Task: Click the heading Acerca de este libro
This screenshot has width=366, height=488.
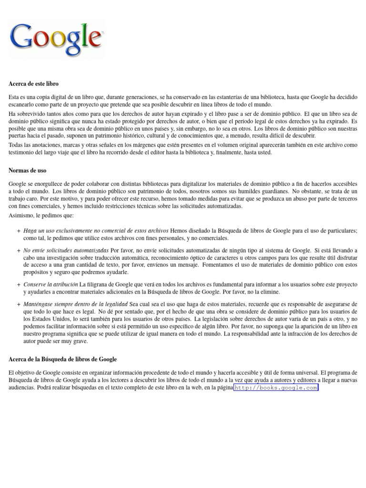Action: click(33, 84)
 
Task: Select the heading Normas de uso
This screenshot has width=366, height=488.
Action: click(27, 170)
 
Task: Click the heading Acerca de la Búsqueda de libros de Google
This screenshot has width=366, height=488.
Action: click(62, 359)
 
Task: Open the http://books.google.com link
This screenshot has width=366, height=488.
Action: click(276, 388)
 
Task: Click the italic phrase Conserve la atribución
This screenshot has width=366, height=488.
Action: click(51, 285)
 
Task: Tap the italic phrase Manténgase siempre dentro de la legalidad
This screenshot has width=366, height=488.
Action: click(75, 304)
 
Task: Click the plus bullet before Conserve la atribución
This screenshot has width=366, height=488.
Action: click(18, 285)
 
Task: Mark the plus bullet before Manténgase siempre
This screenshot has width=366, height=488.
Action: click(18, 304)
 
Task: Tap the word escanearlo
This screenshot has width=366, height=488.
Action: click(23, 105)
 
